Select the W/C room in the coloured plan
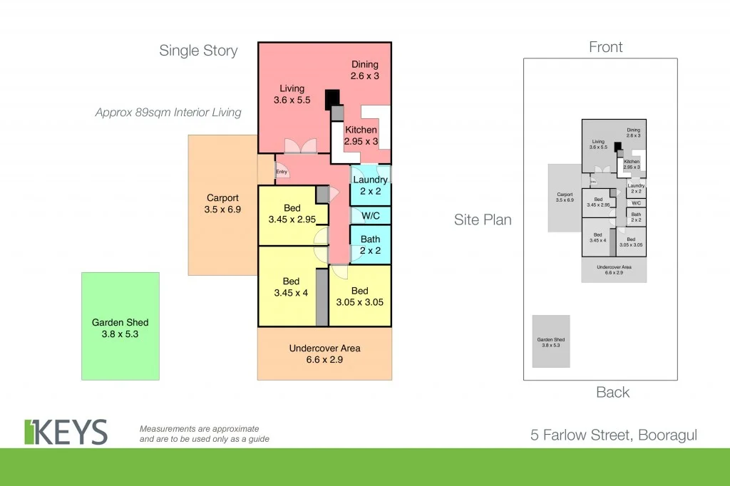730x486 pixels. pos(370,215)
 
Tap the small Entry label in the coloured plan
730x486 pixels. pos(282,171)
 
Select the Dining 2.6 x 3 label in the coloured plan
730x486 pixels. pos(364,70)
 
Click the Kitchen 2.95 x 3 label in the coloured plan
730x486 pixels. pos(361,135)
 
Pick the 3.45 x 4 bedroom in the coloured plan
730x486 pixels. pos(289,286)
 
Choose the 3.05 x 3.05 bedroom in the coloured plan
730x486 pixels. pos(359,296)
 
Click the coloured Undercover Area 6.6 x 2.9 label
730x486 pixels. pos(324,353)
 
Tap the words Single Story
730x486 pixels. pos(198,51)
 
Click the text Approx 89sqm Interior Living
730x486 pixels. pos(168,112)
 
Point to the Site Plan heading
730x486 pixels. pos(483,219)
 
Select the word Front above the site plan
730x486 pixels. pos(605,47)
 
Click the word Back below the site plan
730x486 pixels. pos(612,392)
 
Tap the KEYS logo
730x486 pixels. pos(66,432)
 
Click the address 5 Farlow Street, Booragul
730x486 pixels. pos(613,435)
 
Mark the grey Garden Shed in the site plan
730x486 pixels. pos(551,341)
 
